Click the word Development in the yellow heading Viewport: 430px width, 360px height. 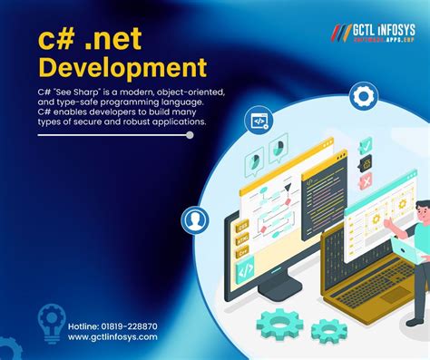122,67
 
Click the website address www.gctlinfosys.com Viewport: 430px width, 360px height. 112,336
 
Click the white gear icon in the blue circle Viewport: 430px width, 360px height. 364,95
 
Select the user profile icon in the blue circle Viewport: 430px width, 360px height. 194,219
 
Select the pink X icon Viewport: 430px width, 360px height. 365,181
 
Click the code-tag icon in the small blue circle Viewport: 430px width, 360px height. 259,120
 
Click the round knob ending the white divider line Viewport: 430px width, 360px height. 189,134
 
